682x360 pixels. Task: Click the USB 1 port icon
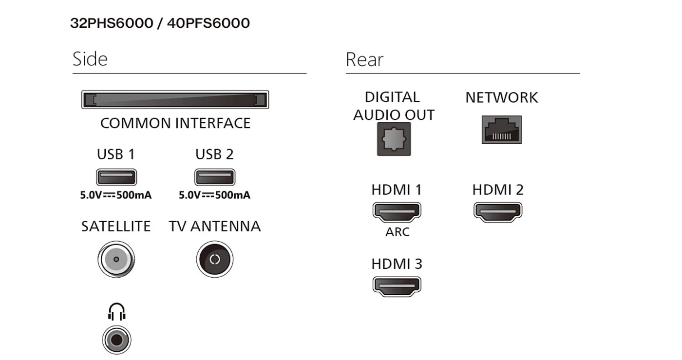[x=116, y=177]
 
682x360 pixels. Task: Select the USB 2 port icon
[x=215, y=177]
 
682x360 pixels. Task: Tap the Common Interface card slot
[x=175, y=100]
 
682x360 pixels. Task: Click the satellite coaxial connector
[x=116, y=259]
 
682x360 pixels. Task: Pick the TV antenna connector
[x=215, y=259]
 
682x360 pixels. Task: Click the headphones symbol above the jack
[x=117, y=312]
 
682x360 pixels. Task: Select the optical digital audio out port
[x=394, y=139]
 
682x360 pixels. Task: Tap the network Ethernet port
[x=501, y=130]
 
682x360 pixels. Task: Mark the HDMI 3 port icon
[x=397, y=286]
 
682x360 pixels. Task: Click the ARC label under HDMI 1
[x=397, y=232]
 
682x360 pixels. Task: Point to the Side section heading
[x=90, y=59]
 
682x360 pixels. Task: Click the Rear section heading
[x=364, y=59]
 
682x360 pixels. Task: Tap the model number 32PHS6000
[x=112, y=23]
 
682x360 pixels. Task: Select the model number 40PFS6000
[x=208, y=23]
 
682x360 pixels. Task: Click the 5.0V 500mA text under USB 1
[x=116, y=195]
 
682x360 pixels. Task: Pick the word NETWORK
[x=502, y=97]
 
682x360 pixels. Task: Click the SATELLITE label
[x=116, y=227]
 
